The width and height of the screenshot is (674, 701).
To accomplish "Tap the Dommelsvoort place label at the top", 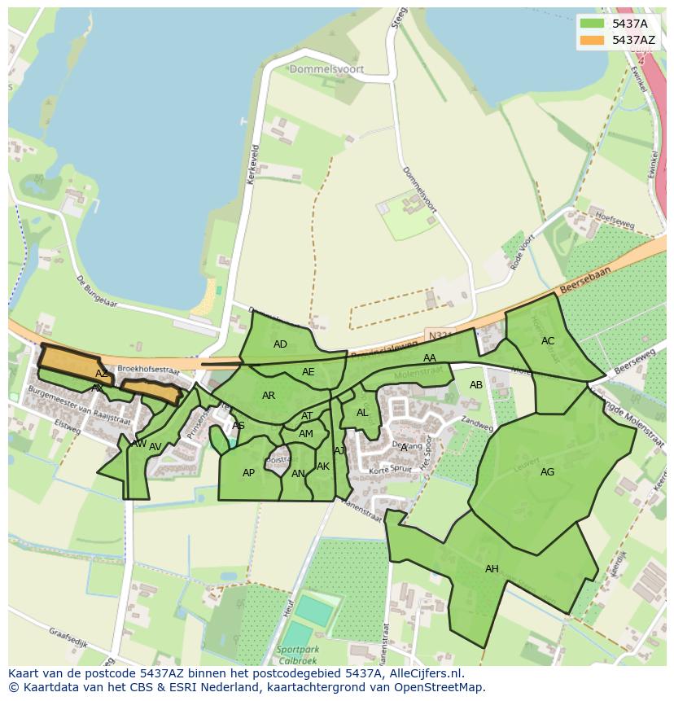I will pos(326,70).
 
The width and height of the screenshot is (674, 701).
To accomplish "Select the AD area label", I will pos(280,344).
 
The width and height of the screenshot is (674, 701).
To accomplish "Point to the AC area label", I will pos(548,341).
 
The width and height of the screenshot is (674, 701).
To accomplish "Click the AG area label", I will pos(547,472).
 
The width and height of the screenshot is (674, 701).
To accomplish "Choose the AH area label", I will pos(492,569).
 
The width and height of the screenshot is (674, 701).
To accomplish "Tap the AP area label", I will pos(248,473).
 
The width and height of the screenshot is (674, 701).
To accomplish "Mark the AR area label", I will pos(269,397).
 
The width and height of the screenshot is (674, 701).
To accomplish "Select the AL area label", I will pos(362,413).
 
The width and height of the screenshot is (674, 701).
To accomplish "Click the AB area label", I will pos(476,385).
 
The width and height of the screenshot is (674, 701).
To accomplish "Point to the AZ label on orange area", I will pos(101,374).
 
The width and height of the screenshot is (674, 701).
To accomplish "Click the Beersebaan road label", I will pos(584,282).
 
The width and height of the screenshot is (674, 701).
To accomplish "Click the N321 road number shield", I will pos(437,335).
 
